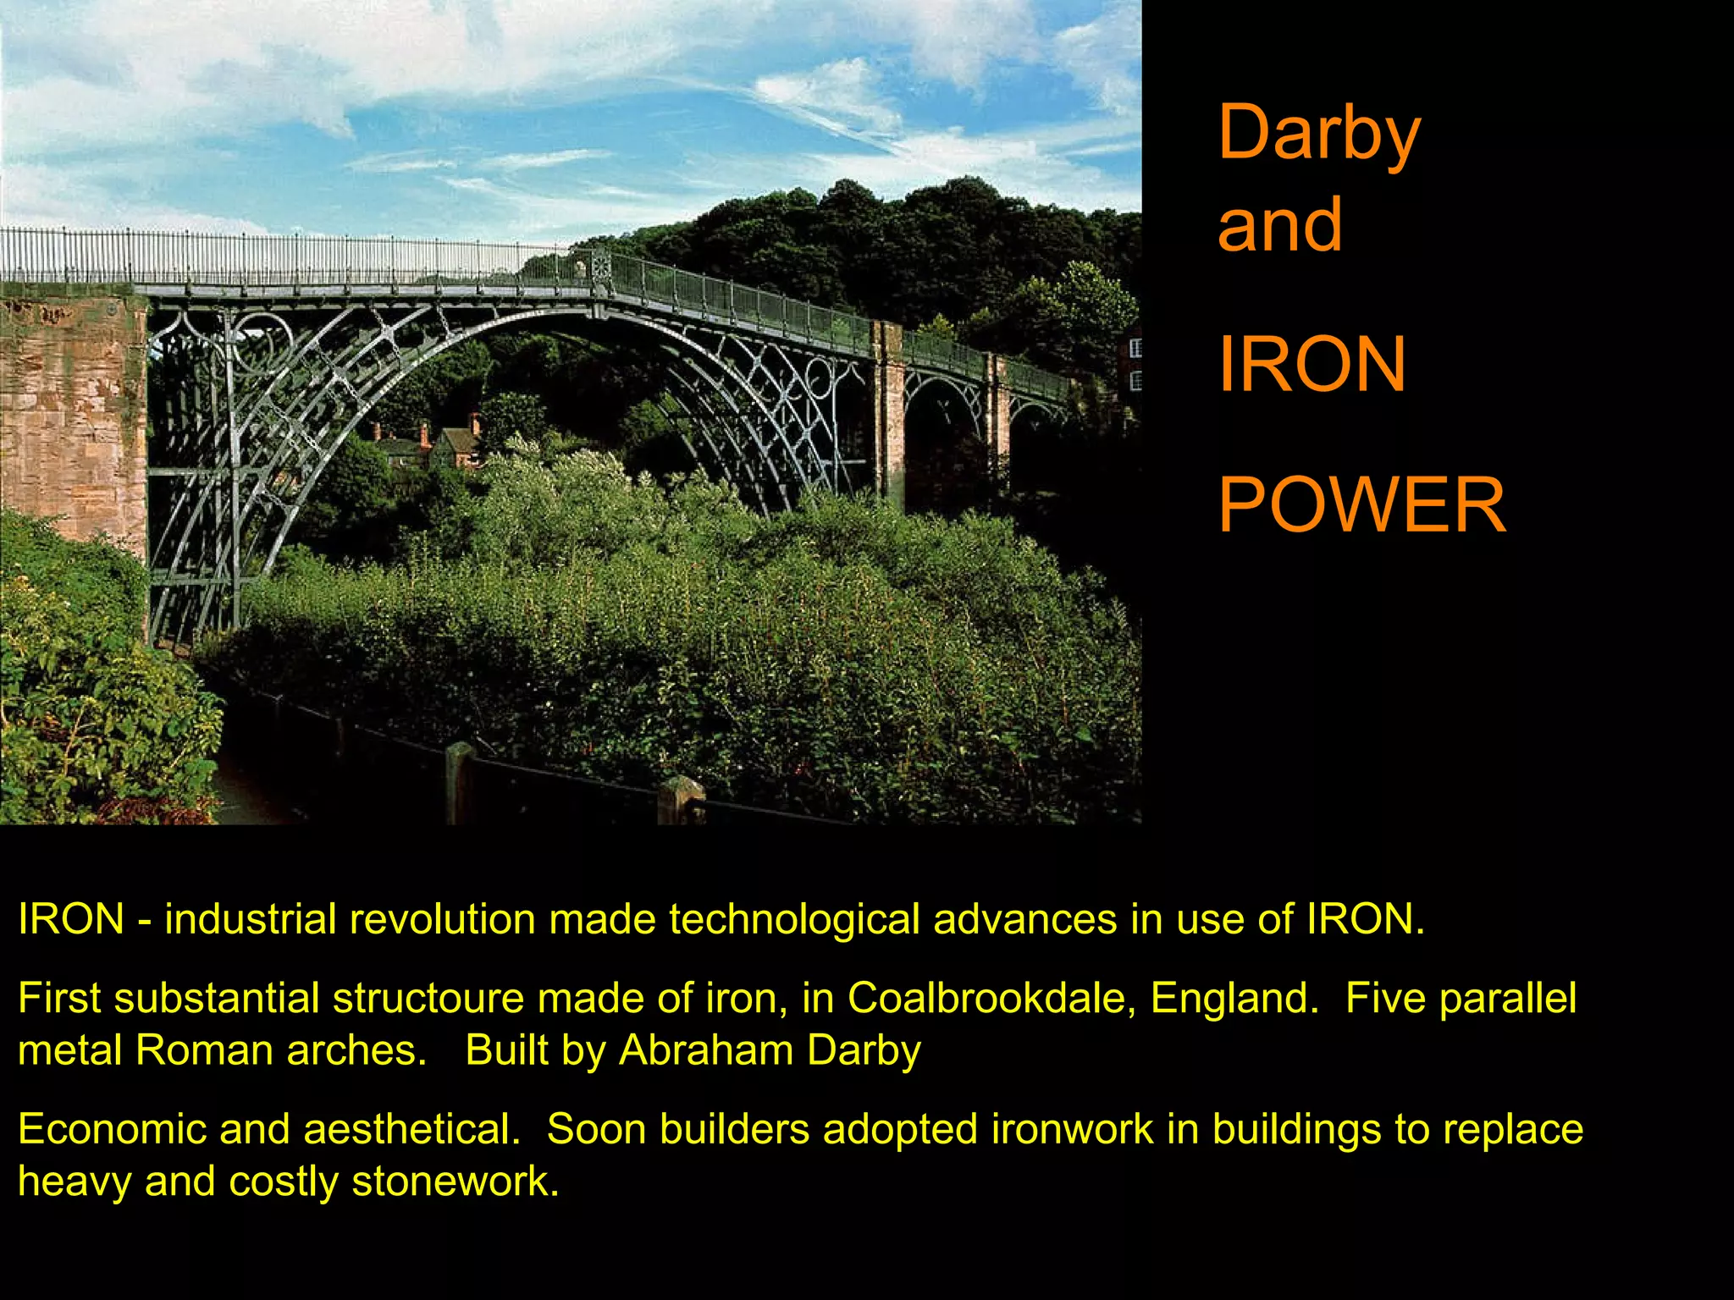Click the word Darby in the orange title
click(x=1317, y=134)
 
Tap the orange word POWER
click(x=1361, y=505)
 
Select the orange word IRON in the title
click(x=1312, y=365)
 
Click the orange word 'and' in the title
click(x=1279, y=224)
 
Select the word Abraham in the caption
click(x=705, y=1050)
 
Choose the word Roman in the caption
click(x=204, y=1050)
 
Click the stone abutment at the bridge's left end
click(x=72, y=423)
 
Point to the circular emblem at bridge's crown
click(x=600, y=267)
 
